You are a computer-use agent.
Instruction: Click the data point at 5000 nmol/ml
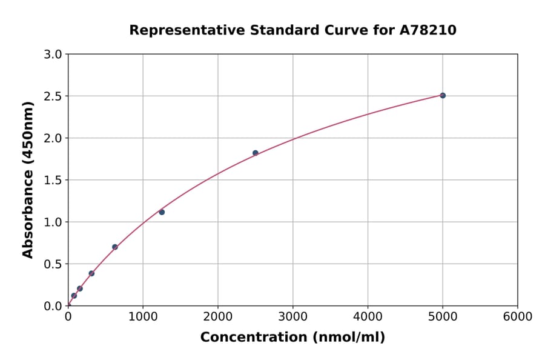click(x=443, y=95)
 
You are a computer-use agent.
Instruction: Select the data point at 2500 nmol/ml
click(x=256, y=153)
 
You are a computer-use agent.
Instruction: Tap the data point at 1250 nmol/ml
click(x=162, y=212)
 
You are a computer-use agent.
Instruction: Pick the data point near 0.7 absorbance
click(x=115, y=247)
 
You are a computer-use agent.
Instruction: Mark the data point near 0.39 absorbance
click(x=91, y=273)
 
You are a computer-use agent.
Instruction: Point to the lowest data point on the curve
click(x=74, y=296)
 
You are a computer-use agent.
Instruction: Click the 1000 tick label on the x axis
click(x=143, y=317)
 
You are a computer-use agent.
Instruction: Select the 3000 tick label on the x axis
click(x=293, y=317)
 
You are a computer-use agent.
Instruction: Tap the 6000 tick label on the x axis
click(x=518, y=317)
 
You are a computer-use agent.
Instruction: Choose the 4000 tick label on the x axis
click(x=368, y=317)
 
